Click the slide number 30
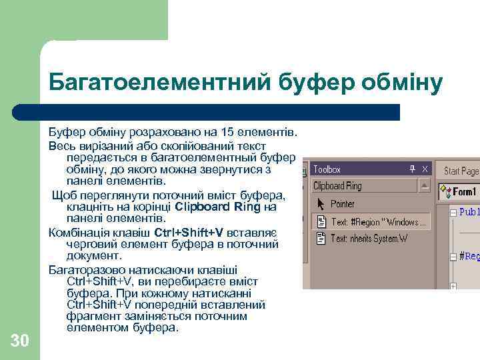[20, 341]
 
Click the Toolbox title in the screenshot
[327, 170]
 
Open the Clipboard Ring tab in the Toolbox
[337, 186]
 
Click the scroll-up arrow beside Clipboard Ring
[423, 186]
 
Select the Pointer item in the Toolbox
[343, 204]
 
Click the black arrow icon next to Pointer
[320, 204]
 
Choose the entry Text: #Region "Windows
[375, 221]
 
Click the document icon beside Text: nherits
[320, 238]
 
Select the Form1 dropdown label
[464, 192]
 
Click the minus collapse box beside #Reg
[453, 255]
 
